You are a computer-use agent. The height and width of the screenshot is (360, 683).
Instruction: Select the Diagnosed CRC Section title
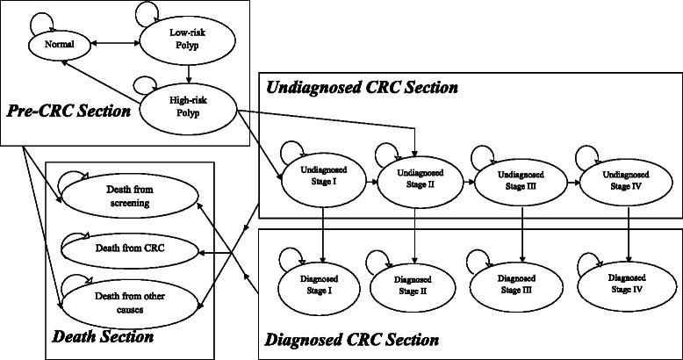coord(351,339)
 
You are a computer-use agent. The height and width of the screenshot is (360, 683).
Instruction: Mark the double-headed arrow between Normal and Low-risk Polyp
coord(118,41)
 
